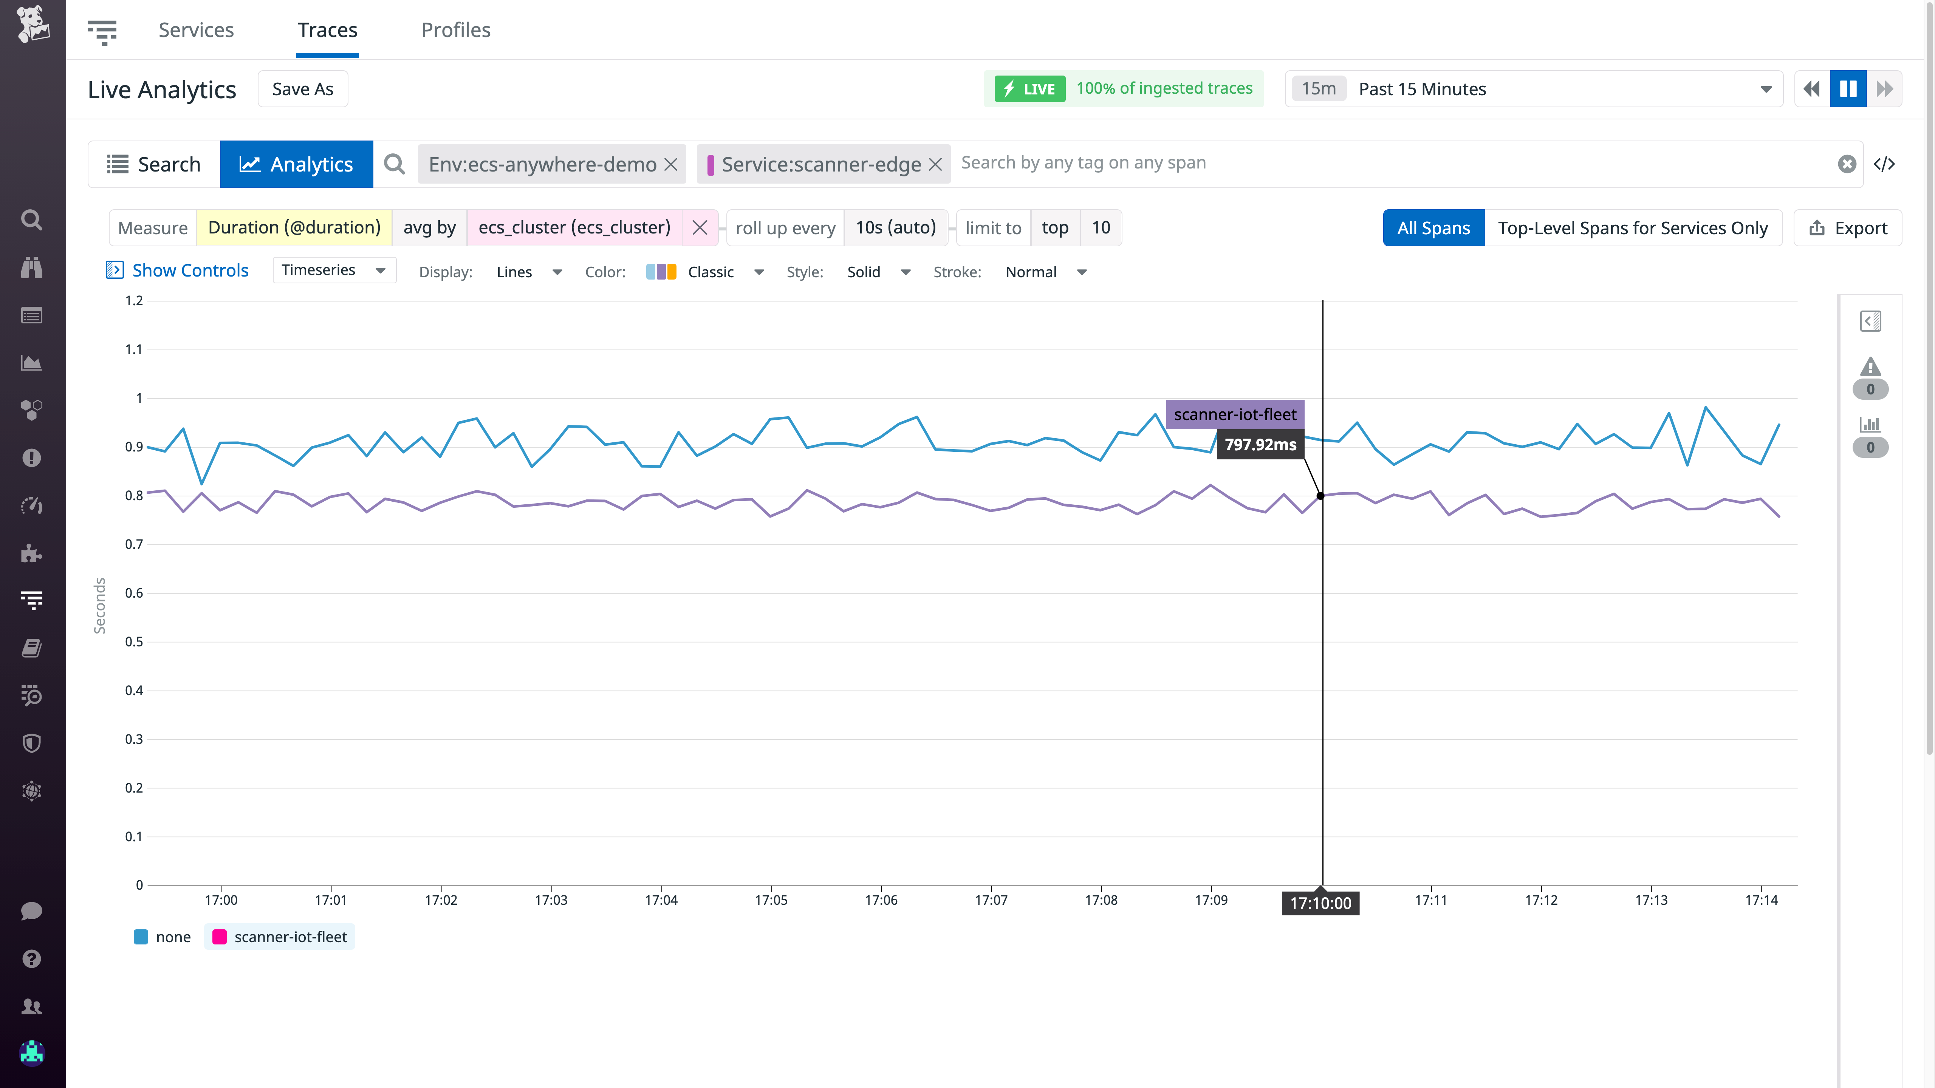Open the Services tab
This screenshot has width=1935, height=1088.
coord(196,30)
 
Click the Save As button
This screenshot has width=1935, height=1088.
coord(303,90)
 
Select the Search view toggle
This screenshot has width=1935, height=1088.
coord(154,164)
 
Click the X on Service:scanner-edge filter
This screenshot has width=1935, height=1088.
coord(935,164)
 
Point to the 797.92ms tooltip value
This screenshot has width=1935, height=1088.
coord(1260,445)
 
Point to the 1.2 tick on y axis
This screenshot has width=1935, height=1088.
coord(134,301)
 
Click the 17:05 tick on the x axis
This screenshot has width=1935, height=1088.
coord(771,899)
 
